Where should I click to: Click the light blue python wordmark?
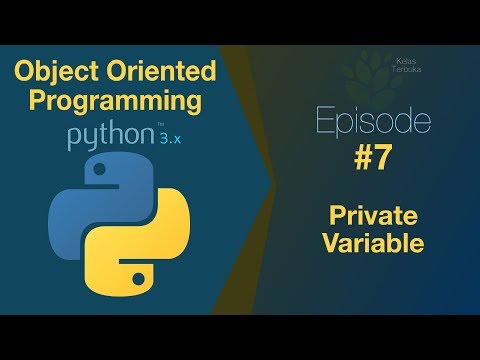click(x=113, y=138)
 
